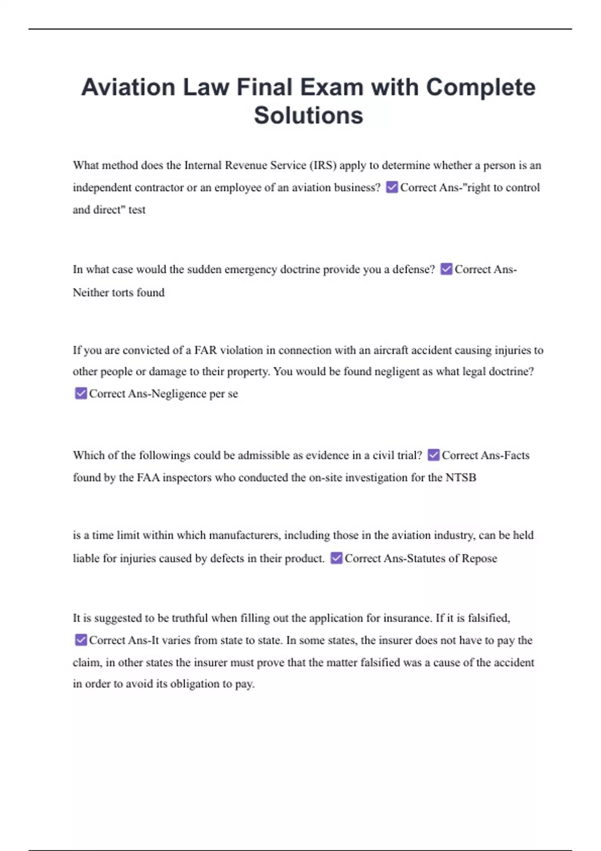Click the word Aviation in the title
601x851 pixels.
128,88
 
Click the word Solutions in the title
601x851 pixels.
308,116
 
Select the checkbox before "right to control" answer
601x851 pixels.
392,187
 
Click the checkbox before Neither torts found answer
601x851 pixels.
446,269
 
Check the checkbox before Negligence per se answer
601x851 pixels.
81,393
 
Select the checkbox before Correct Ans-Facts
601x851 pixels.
434,455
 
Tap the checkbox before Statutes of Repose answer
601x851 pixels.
337,558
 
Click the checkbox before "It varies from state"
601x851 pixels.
81,640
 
